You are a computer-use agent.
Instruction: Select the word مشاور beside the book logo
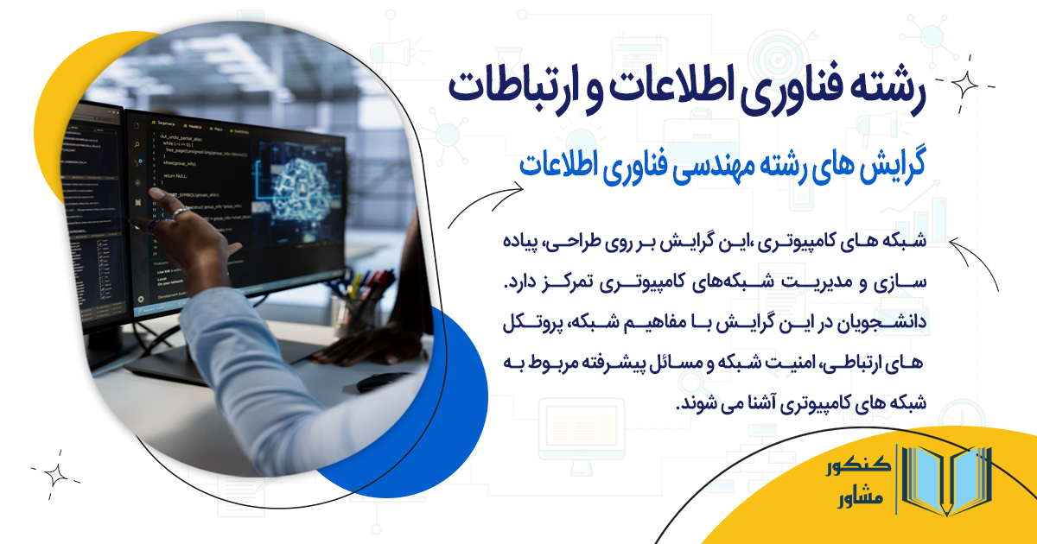(861, 501)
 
